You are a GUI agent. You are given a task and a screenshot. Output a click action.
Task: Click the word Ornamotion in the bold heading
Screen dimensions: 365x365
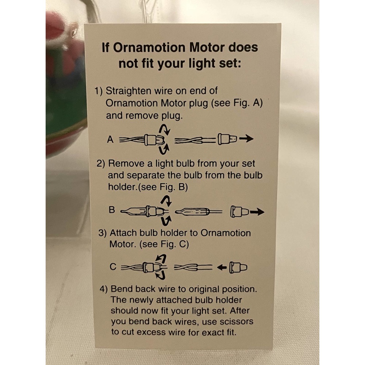[149, 47]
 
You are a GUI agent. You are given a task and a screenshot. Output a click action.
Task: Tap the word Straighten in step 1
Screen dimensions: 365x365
[128, 91]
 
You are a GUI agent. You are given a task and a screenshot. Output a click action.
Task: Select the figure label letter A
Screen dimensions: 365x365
[110, 139]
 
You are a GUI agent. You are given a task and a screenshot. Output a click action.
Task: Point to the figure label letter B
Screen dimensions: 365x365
[112, 210]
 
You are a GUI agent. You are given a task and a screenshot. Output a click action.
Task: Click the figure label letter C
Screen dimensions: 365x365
[113, 267]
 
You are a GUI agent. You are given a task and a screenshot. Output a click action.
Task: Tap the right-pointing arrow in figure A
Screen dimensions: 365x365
[246, 139]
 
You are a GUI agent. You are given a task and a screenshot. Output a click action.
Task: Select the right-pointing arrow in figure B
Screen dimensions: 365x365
[257, 212]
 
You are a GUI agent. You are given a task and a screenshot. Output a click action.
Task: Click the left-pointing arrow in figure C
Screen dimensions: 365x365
[222, 268]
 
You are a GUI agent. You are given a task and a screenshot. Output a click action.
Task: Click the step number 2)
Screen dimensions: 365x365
[101, 164]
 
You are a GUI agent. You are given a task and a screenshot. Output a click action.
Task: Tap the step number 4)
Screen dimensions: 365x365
[104, 289]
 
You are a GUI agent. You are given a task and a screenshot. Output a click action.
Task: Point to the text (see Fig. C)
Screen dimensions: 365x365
[164, 244]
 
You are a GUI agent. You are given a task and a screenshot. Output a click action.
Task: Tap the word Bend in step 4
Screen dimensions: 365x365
[122, 289]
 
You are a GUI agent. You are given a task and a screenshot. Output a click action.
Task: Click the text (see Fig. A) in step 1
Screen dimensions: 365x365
[237, 103]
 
